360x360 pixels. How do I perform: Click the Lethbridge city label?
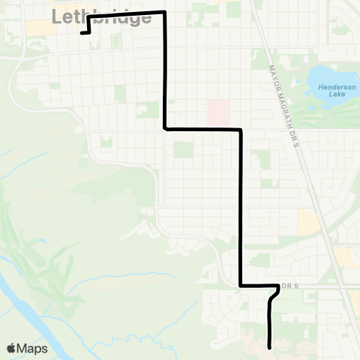[x=102, y=17]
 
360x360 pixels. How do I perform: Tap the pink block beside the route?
[x=219, y=113]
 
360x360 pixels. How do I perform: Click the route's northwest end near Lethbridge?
[x=81, y=33]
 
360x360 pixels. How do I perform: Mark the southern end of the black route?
[x=269, y=346]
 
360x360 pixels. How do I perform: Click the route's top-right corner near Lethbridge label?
[x=164, y=13]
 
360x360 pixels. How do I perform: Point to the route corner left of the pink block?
[x=165, y=129]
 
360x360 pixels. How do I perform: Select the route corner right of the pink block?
[x=241, y=130]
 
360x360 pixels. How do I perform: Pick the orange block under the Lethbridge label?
[x=36, y=27]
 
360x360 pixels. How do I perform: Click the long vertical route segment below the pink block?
[x=241, y=210]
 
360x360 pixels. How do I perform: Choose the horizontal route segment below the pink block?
[x=202, y=130]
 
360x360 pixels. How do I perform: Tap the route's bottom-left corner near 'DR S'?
[x=241, y=286]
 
